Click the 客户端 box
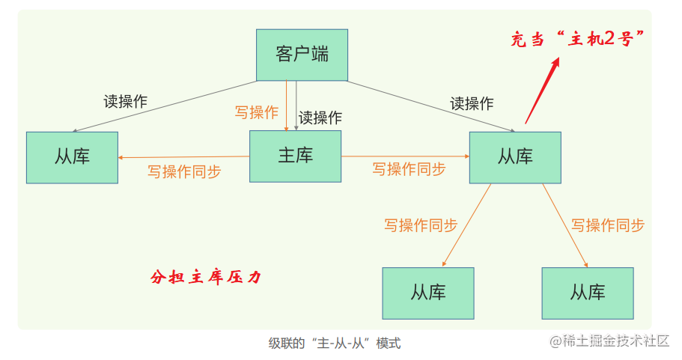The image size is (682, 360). (302, 55)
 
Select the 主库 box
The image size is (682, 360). (295, 156)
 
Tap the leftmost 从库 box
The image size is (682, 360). (72, 157)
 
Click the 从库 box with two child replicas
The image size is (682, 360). (515, 157)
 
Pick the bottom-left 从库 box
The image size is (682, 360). (427, 293)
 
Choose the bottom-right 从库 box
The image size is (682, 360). (587, 293)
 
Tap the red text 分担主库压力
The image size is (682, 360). (206, 277)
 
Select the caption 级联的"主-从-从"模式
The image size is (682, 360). (335, 344)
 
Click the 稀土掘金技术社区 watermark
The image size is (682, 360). (609, 341)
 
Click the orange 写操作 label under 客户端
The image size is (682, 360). (256, 112)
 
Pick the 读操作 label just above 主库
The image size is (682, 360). (320, 118)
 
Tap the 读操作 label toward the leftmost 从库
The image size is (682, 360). (126, 102)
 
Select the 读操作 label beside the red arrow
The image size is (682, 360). (472, 103)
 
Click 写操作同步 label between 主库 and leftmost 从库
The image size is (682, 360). (184, 171)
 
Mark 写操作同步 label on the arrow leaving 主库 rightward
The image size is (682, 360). (409, 169)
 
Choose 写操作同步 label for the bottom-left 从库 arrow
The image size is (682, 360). (421, 225)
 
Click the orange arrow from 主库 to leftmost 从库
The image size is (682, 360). (183, 157)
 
